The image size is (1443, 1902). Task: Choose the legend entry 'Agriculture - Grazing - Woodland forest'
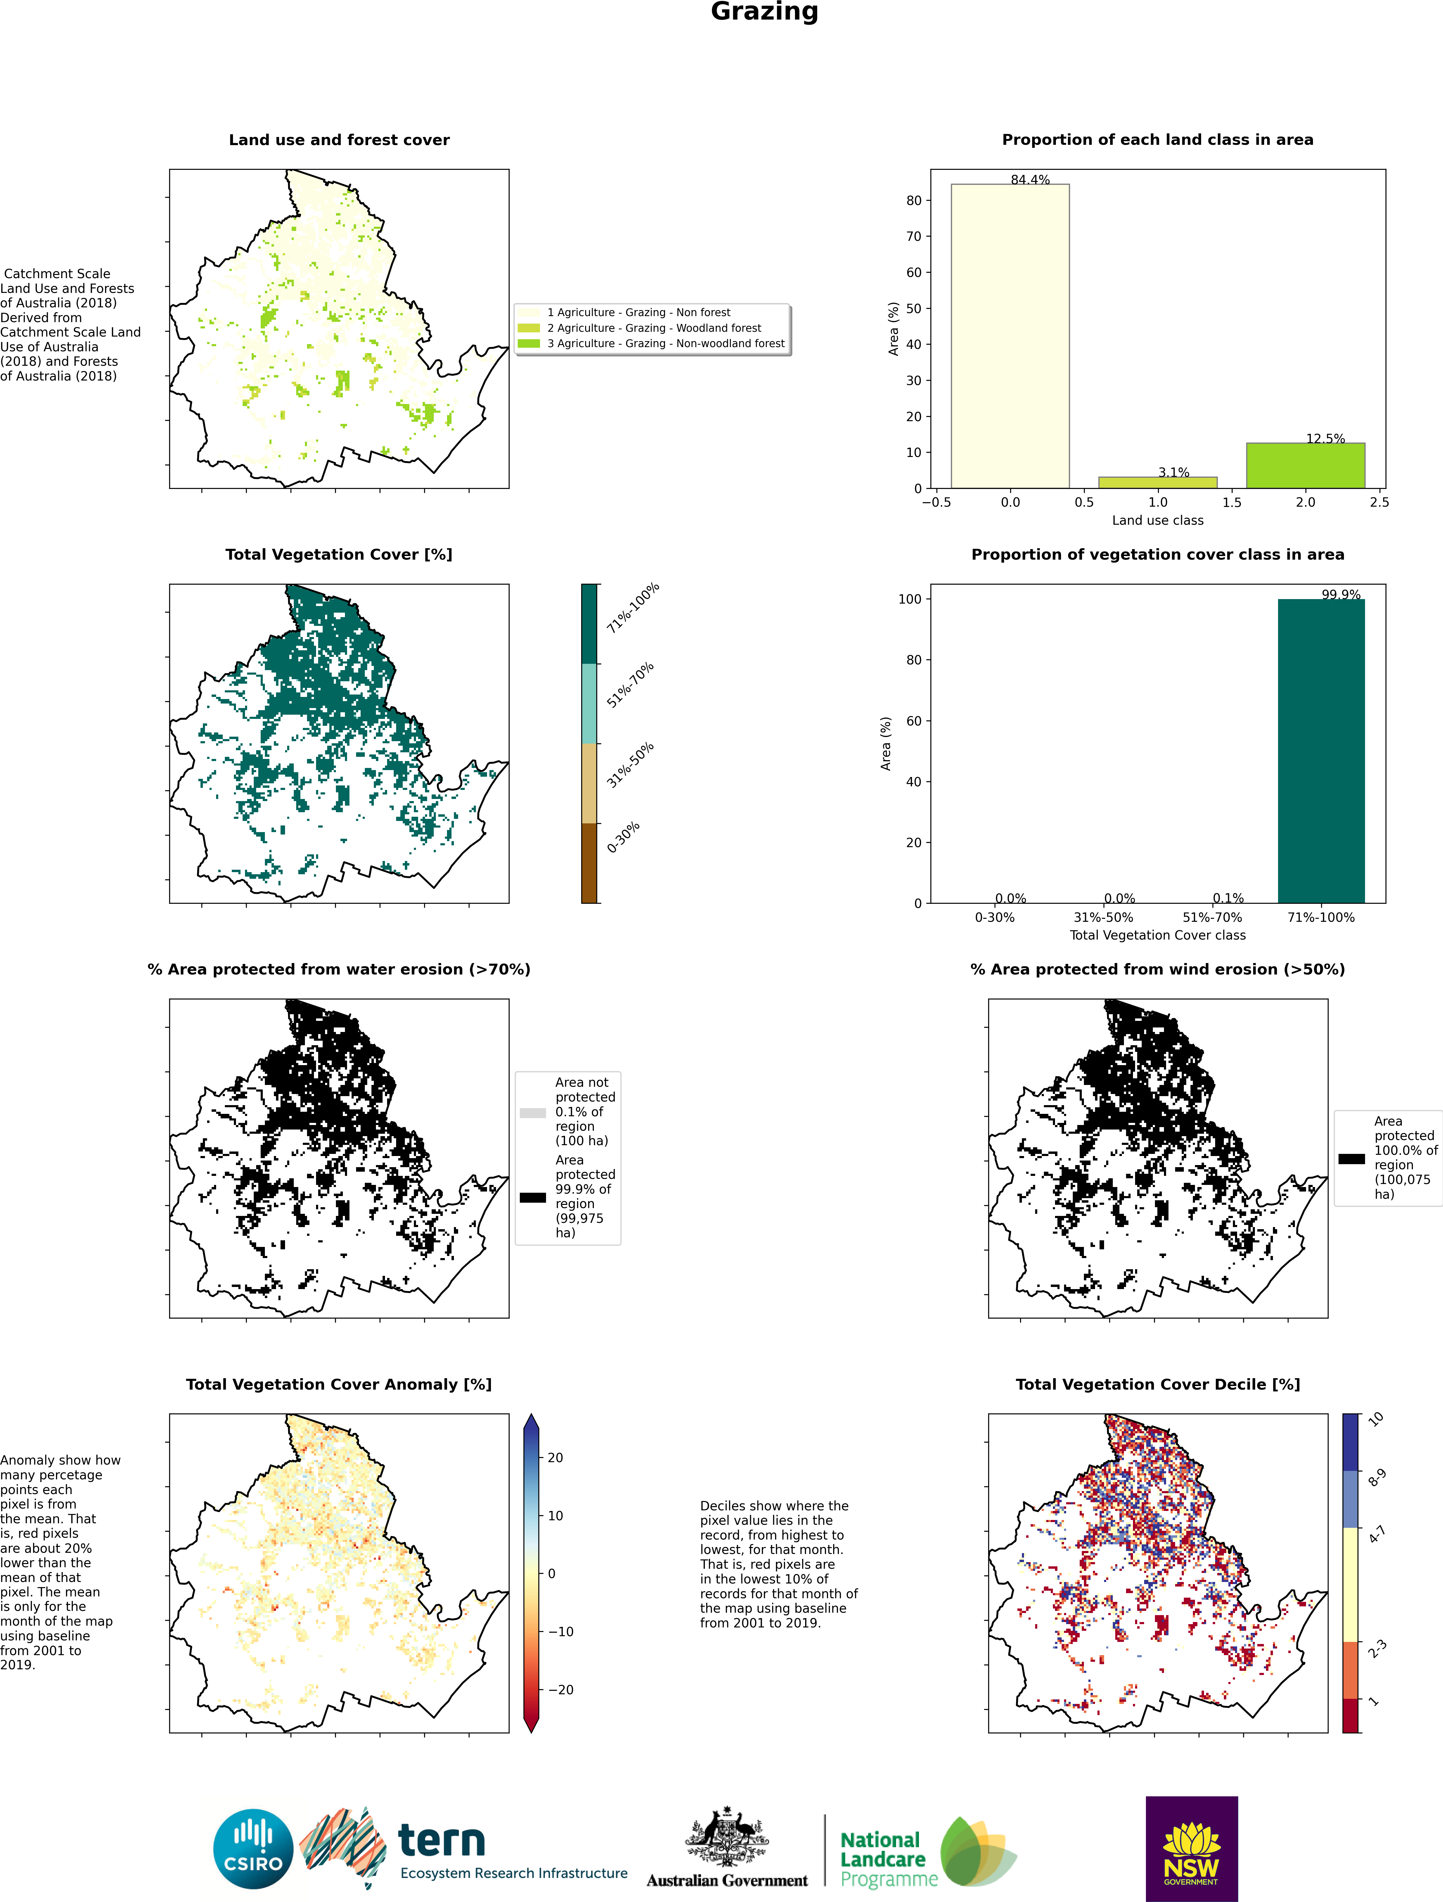point(653,328)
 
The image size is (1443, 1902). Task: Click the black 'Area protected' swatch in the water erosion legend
point(532,1197)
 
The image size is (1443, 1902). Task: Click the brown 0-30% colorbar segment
point(589,862)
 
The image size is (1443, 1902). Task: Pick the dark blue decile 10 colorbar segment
point(1351,1441)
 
